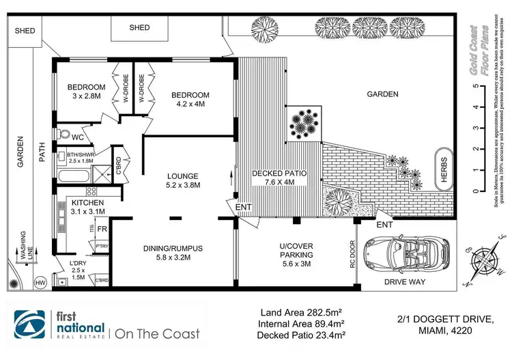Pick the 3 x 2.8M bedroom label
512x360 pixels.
[x=85, y=92]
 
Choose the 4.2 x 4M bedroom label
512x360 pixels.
[x=190, y=99]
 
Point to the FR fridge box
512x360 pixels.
[x=102, y=229]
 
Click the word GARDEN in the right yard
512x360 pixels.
[x=382, y=95]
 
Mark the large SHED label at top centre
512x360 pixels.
[x=139, y=27]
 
